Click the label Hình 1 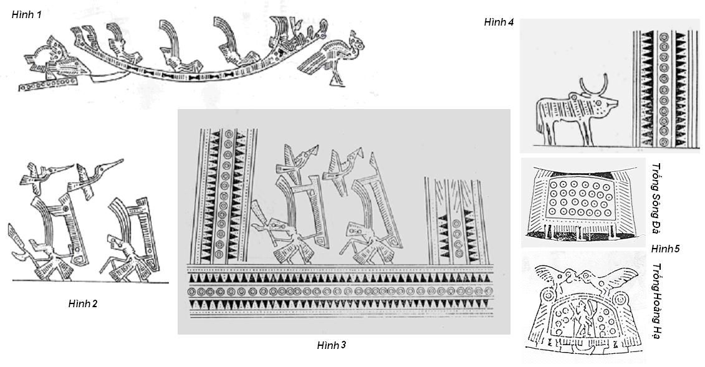tap(27, 14)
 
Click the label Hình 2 tap(83, 303)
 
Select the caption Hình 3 tap(332, 345)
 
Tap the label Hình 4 tap(499, 22)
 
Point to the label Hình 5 tap(666, 249)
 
